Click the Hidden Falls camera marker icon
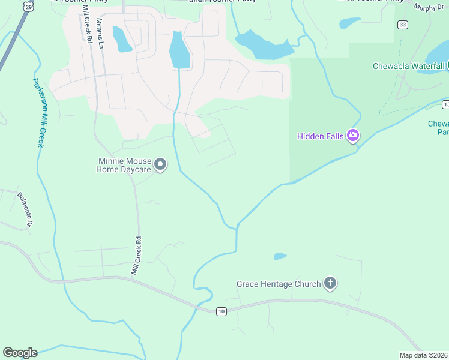[x=353, y=136]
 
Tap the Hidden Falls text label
[x=321, y=136]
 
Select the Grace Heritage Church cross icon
[x=330, y=284]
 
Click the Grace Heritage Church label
[x=279, y=284]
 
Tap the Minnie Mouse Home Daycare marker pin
[x=160, y=164]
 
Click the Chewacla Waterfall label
[x=408, y=66]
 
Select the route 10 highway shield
[x=221, y=311]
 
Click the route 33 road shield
[x=402, y=24]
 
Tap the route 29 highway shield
[x=29, y=6]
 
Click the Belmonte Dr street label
[x=24, y=209]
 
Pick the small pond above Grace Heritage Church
[x=280, y=257]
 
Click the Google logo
[x=20, y=353]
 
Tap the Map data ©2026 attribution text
[x=423, y=355]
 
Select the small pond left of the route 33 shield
[x=349, y=23]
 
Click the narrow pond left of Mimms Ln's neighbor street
[x=121, y=40]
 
